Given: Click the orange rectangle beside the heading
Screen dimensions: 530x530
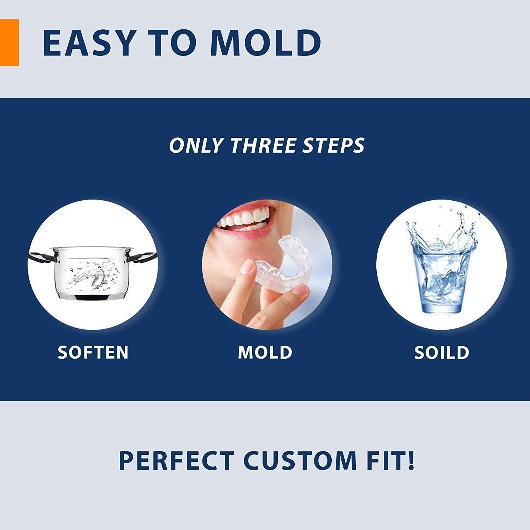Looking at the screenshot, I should (9, 43).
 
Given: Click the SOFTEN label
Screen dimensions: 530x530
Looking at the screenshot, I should (93, 353).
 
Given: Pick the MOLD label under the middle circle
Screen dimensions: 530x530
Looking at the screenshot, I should (265, 353).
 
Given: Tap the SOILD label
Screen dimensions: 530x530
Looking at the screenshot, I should (442, 353).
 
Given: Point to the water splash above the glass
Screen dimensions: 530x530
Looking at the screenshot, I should (442, 230).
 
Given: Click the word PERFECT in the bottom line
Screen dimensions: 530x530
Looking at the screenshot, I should (176, 460).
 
